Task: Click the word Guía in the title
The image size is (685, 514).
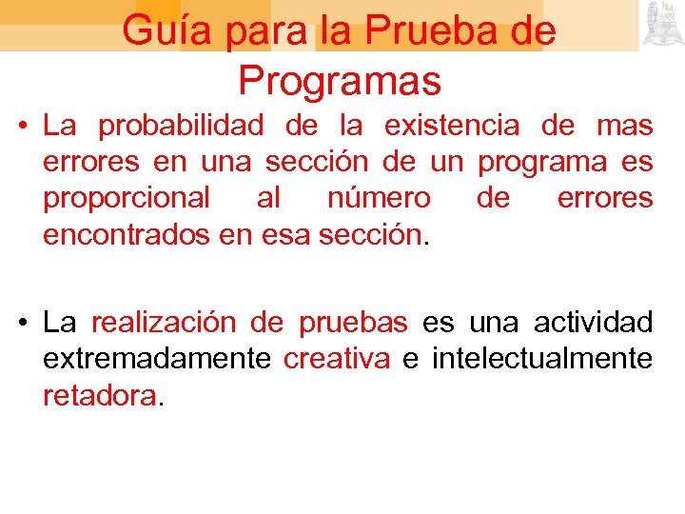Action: [x=167, y=31]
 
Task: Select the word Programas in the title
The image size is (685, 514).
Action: [x=340, y=81]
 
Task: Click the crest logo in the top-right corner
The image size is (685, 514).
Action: [x=663, y=25]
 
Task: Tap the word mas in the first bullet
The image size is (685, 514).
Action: [x=624, y=126]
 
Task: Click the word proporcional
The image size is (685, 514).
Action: [x=127, y=198]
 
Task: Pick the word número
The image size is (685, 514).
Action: [x=378, y=198]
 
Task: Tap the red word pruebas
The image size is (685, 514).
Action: [x=353, y=324]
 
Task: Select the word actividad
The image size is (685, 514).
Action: [x=593, y=323]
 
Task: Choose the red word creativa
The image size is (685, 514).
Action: [x=337, y=359]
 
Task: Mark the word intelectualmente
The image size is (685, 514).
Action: [x=542, y=359]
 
